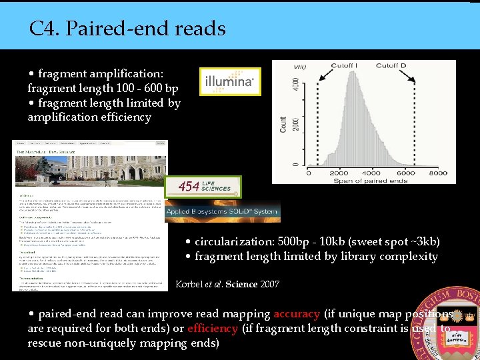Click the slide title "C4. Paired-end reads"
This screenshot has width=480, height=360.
pos(127,29)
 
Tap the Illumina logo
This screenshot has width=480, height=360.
pos(229,81)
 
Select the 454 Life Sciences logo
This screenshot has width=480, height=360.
pos(203,187)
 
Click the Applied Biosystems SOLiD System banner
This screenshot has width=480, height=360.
pos(222,212)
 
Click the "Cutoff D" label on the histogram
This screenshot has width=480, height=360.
pos(391,65)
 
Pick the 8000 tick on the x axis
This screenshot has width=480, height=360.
pos(437,172)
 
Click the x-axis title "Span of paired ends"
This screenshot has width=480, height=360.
pos(371,180)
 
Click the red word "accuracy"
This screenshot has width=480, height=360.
pos(297,313)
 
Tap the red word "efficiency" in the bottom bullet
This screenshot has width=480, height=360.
pos(212,328)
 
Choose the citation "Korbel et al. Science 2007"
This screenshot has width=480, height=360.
pos(227,284)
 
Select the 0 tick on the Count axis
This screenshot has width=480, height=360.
pos(296,164)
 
